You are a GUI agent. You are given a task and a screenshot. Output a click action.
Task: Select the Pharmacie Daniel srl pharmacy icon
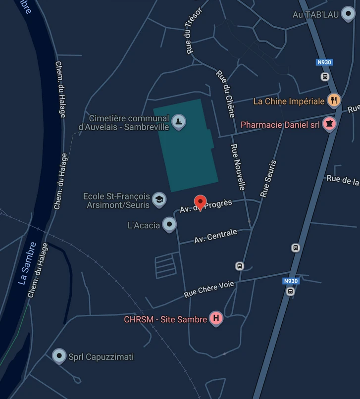point(329,124)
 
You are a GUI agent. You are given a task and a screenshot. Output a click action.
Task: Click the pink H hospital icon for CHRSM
point(216,318)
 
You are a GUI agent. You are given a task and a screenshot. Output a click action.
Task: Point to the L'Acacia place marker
point(170,225)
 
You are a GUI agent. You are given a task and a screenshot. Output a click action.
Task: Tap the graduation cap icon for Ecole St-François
point(159,199)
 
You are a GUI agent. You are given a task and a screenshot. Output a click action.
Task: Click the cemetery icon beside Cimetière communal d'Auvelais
point(178,121)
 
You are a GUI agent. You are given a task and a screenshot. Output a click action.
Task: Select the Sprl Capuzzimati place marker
point(59,355)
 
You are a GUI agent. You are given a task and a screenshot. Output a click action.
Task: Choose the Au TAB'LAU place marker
point(348,14)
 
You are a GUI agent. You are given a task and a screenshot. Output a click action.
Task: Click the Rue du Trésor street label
point(193,31)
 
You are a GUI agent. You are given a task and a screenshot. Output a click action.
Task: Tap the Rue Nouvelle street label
point(238,166)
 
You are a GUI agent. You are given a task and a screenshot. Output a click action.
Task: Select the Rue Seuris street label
point(268,178)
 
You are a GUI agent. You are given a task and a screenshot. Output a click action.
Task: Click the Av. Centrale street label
point(215,236)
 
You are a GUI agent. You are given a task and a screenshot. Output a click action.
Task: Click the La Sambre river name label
point(27,263)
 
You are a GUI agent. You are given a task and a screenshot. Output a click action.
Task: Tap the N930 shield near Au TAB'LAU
point(324,62)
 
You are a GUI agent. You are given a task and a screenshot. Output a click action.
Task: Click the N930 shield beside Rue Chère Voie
point(291,281)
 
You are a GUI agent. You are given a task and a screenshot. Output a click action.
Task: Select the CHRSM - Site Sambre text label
point(165,319)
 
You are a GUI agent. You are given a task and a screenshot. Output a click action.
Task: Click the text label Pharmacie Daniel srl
point(280,125)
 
